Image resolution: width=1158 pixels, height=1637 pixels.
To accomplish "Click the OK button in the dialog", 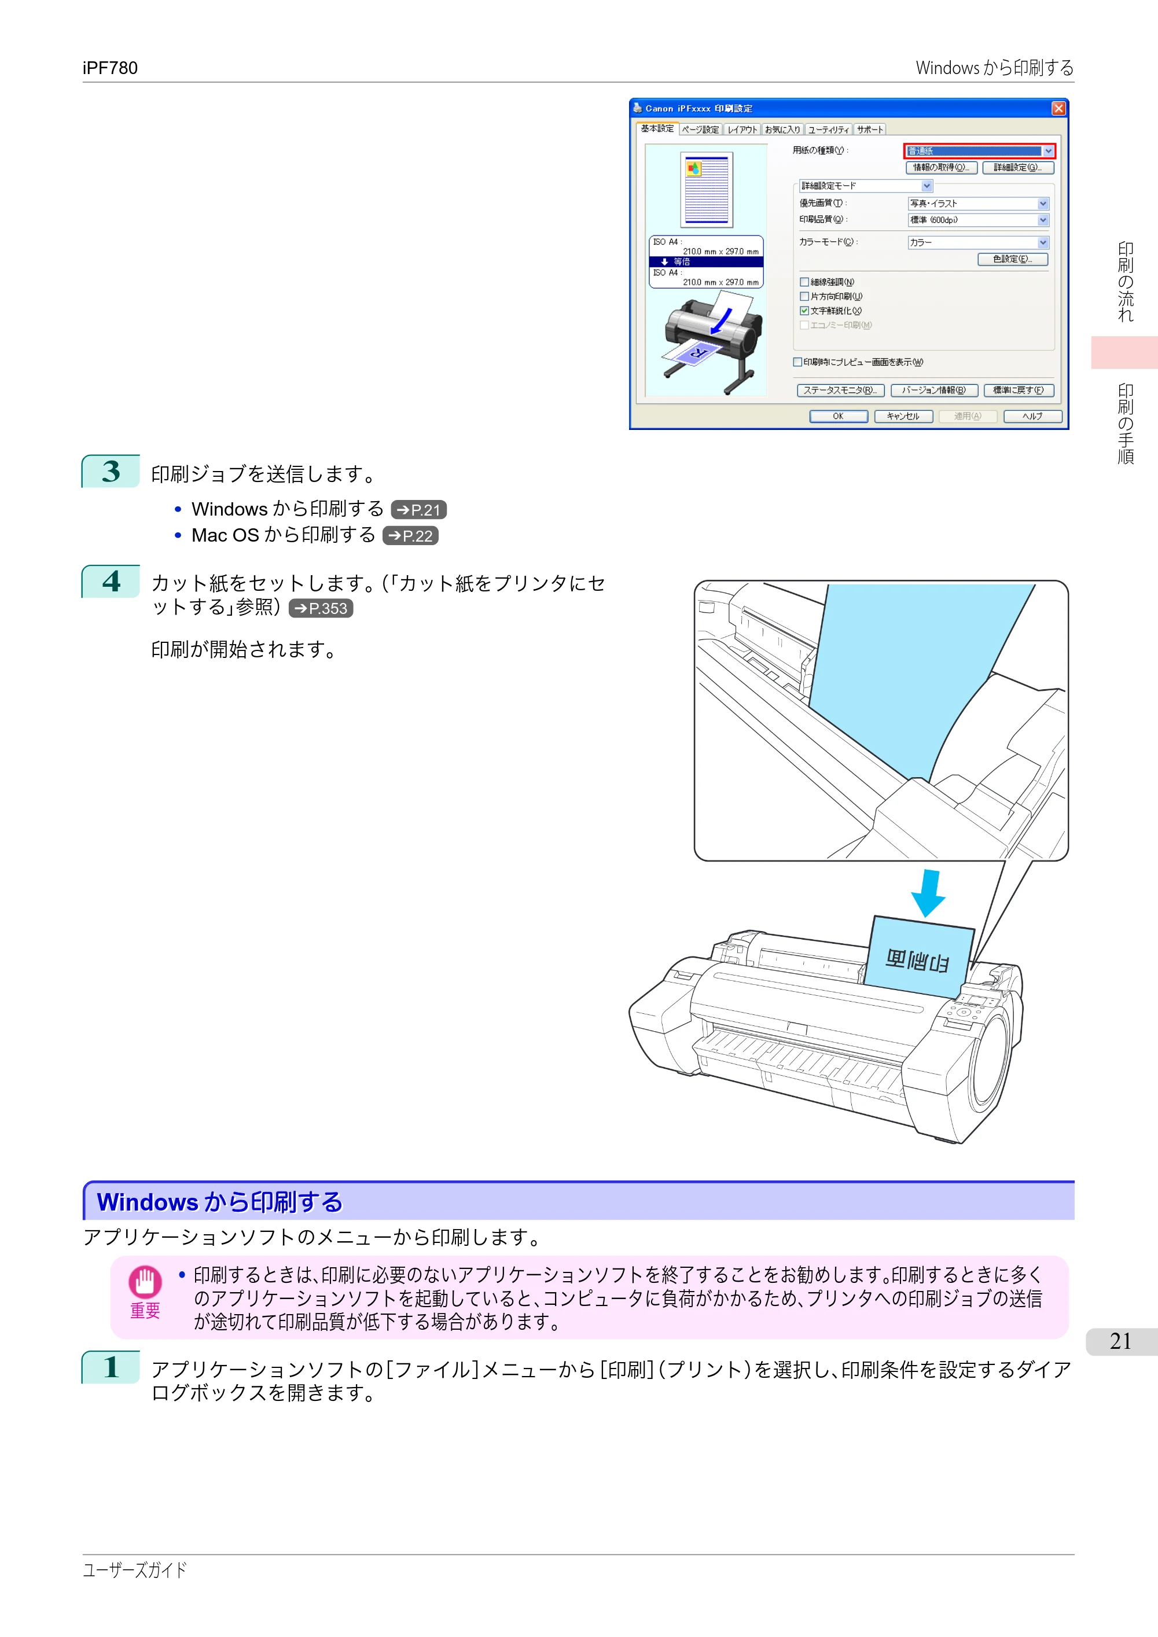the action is pos(838,417).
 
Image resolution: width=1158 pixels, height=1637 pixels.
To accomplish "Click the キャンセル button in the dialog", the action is pos(903,417).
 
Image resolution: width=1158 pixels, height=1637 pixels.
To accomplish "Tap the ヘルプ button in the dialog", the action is pos(1032,417).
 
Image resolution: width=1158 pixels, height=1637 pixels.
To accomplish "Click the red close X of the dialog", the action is pos(1058,108).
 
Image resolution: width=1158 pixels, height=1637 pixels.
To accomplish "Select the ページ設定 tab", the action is pos(700,130).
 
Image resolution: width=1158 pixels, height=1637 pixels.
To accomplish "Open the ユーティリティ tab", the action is pos(828,130).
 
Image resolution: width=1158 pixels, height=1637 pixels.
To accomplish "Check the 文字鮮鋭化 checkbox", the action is pos(804,311).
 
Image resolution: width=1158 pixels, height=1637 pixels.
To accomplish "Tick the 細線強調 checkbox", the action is pos(804,282).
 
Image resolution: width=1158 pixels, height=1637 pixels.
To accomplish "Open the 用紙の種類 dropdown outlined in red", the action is pos(979,151).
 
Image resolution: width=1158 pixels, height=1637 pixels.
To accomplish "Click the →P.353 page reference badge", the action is pos(321,608).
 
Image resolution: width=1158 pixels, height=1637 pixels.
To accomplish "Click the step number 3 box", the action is pos(111,471).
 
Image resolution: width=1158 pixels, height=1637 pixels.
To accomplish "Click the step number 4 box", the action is pos(111,581).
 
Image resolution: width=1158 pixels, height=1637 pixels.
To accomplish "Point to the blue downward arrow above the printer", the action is pos(928,893).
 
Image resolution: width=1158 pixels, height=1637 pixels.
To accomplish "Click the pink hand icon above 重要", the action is pos(145,1282).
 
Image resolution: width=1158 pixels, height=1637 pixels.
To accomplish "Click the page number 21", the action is pos(1120,1342).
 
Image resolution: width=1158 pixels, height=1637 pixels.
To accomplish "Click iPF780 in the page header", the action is pos(110,68).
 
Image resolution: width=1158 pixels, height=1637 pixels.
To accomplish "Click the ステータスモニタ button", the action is pos(840,391).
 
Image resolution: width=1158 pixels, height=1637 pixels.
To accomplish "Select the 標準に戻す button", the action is pos(1019,391).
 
